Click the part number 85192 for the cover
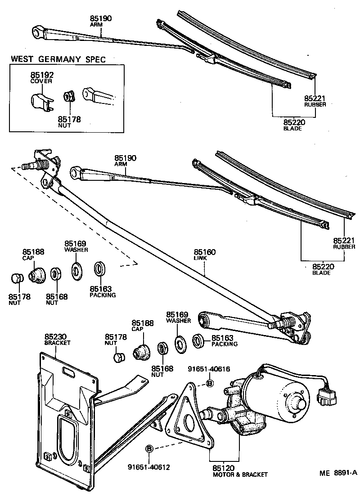[x=41, y=75]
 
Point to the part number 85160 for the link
[x=205, y=252]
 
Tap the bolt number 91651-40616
[x=209, y=369]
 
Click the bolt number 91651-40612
[x=148, y=467]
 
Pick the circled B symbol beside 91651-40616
[x=209, y=383]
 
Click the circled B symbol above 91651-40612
[x=150, y=449]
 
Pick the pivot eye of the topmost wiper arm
[x=38, y=31]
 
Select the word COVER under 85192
[x=41, y=81]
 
